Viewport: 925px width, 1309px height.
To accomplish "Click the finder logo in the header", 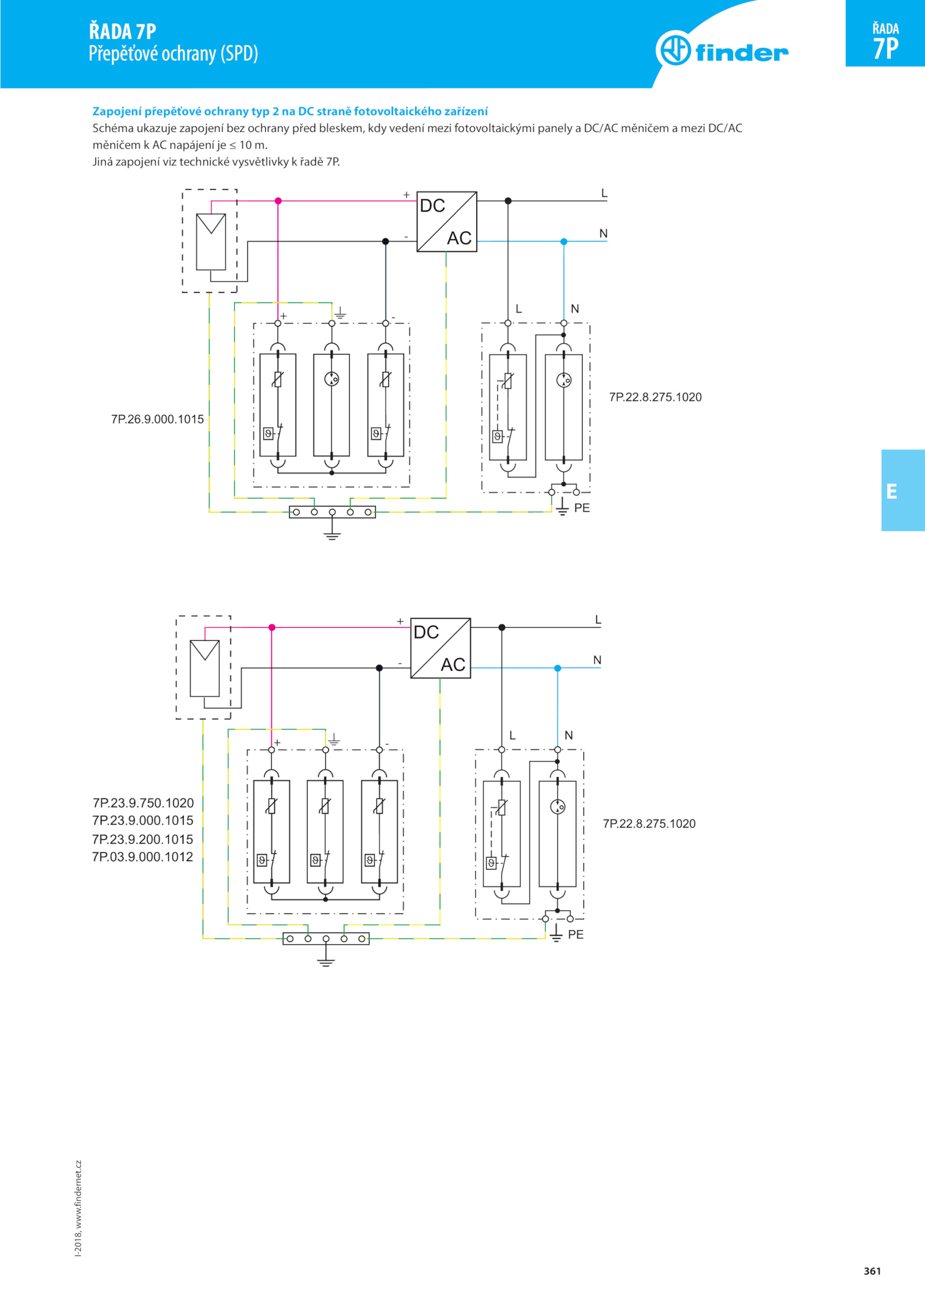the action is click(x=722, y=49).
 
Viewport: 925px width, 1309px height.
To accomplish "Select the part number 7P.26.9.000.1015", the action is click(x=157, y=419).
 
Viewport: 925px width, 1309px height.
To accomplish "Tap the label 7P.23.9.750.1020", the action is click(x=143, y=803).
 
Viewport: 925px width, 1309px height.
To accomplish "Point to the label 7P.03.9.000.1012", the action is click(x=143, y=857).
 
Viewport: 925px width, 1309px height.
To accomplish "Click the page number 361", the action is click(x=872, y=1271).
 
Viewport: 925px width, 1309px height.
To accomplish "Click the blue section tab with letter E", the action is click(x=902, y=490).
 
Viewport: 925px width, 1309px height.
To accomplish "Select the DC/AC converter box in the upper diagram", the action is click(x=447, y=221).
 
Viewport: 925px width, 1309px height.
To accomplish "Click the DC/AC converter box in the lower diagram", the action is click(x=441, y=648).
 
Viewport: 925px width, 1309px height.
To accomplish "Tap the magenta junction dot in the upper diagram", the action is click(x=278, y=201).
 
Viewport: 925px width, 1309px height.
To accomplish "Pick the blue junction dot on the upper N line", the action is click(x=564, y=242).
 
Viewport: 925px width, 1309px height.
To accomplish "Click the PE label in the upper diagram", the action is click(x=582, y=508).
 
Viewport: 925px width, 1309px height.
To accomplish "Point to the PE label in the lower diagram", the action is click(x=576, y=935).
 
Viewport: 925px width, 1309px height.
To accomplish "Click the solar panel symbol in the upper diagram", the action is click(x=211, y=242).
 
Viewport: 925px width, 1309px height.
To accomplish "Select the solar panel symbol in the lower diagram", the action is click(x=205, y=668).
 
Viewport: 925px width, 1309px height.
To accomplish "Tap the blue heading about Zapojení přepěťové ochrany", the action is click(x=290, y=112).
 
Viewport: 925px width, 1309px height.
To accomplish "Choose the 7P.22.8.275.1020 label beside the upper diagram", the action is click(x=655, y=397).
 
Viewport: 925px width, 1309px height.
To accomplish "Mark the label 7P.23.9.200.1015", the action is click(x=143, y=840).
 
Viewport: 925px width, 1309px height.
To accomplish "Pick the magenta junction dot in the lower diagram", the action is click(x=272, y=627).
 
